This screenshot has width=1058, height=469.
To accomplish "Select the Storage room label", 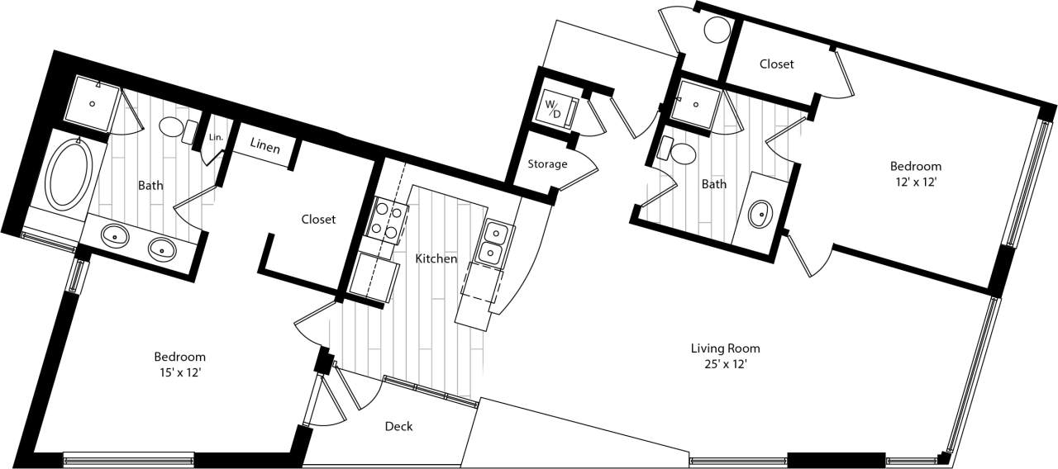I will pyautogui.click(x=548, y=163).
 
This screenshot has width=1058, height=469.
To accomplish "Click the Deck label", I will pyautogui.click(x=398, y=426).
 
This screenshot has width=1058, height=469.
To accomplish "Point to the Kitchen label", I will pyautogui.click(x=436, y=258).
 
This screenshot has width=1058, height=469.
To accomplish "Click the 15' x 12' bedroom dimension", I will pyautogui.click(x=179, y=372).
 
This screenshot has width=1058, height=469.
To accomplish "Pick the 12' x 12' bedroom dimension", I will pyautogui.click(x=915, y=182).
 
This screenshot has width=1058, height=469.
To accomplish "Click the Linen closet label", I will pyautogui.click(x=265, y=149).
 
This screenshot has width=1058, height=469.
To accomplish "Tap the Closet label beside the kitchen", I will pyautogui.click(x=318, y=219).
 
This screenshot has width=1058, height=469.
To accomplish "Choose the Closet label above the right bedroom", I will pyautogui.click(x=776, y=64).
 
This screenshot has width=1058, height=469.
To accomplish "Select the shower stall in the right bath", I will pyautogui.click(x=695, y=104).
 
